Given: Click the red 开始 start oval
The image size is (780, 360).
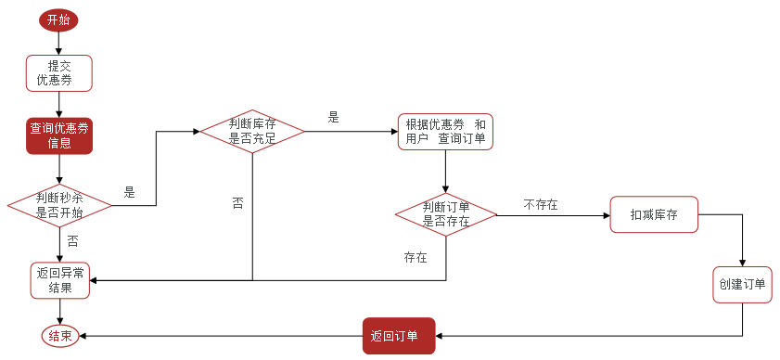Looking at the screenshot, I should click(x=58, y=20).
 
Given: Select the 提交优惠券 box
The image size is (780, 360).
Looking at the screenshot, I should click(x=60, y=73).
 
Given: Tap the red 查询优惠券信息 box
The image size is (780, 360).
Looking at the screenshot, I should click(x=60, y=135).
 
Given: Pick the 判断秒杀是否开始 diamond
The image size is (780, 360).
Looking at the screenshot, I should click(x=59, y=204).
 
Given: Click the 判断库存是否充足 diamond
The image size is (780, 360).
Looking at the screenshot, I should click(x=252, y=132).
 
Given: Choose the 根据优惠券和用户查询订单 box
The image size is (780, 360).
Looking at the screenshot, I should click(x=445, y=132).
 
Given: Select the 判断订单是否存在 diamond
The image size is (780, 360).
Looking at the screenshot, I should click(x=446, y=214).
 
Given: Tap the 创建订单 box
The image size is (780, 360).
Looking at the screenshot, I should click(x=742, y=284).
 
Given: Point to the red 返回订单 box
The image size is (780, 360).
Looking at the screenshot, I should click(x=399, y=335).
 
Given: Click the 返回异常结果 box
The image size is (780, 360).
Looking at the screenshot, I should click(x=60, y=280).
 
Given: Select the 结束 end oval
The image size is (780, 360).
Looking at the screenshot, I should click(x=60, y=336).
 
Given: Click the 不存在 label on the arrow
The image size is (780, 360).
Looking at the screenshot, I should click(x=541, y=204).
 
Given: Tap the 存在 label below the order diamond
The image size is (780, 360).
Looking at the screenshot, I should click(x=416, y=257).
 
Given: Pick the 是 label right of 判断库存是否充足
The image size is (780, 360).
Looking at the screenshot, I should click(x=334, y=118).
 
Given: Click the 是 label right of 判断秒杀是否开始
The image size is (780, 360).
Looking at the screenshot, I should click(x=129, y=192).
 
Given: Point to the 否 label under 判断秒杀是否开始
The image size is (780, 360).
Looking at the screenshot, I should click(x=72, y=240).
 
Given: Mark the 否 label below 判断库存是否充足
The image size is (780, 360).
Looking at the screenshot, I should click(x=238, y=201).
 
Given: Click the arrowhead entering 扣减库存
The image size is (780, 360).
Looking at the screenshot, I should click(x=606, y=215).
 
